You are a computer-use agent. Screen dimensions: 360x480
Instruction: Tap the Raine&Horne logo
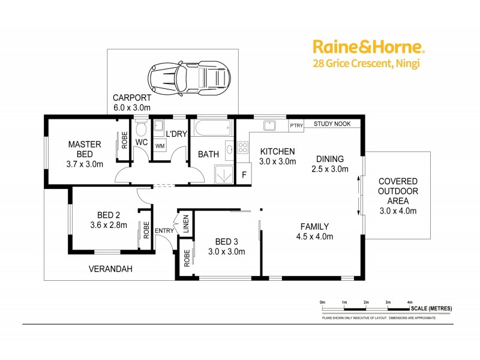pos(368,47)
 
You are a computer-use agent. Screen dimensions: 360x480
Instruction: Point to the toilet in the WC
pos(141,130)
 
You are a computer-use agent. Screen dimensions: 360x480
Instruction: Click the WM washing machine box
pos(160,146)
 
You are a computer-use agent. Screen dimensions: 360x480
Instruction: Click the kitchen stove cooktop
pos(244,147)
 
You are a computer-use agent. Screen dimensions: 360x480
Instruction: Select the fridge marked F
pos(244,175)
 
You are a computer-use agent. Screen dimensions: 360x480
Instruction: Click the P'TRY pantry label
pos(296,125)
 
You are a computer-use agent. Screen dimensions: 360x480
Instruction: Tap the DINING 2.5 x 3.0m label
pos(331,164)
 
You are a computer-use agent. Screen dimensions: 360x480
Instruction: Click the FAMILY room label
pos(314,231)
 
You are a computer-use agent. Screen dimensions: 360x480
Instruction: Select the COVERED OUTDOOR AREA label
pos(398,196)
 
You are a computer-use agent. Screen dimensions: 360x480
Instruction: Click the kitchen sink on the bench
pos(269,125)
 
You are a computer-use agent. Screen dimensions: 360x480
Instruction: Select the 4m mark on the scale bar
pos(410,302)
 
